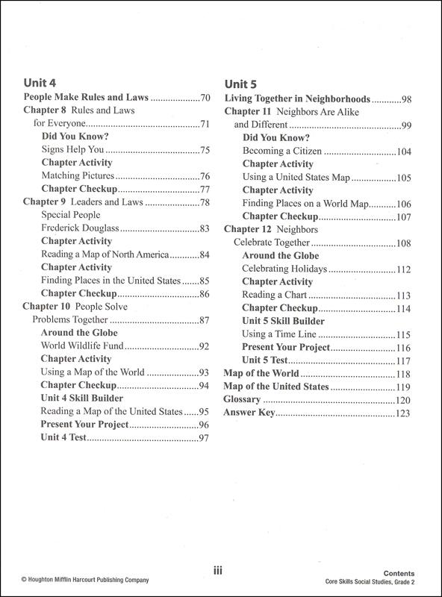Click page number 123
(x=404, y=413)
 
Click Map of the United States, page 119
(x=277, y=387)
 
